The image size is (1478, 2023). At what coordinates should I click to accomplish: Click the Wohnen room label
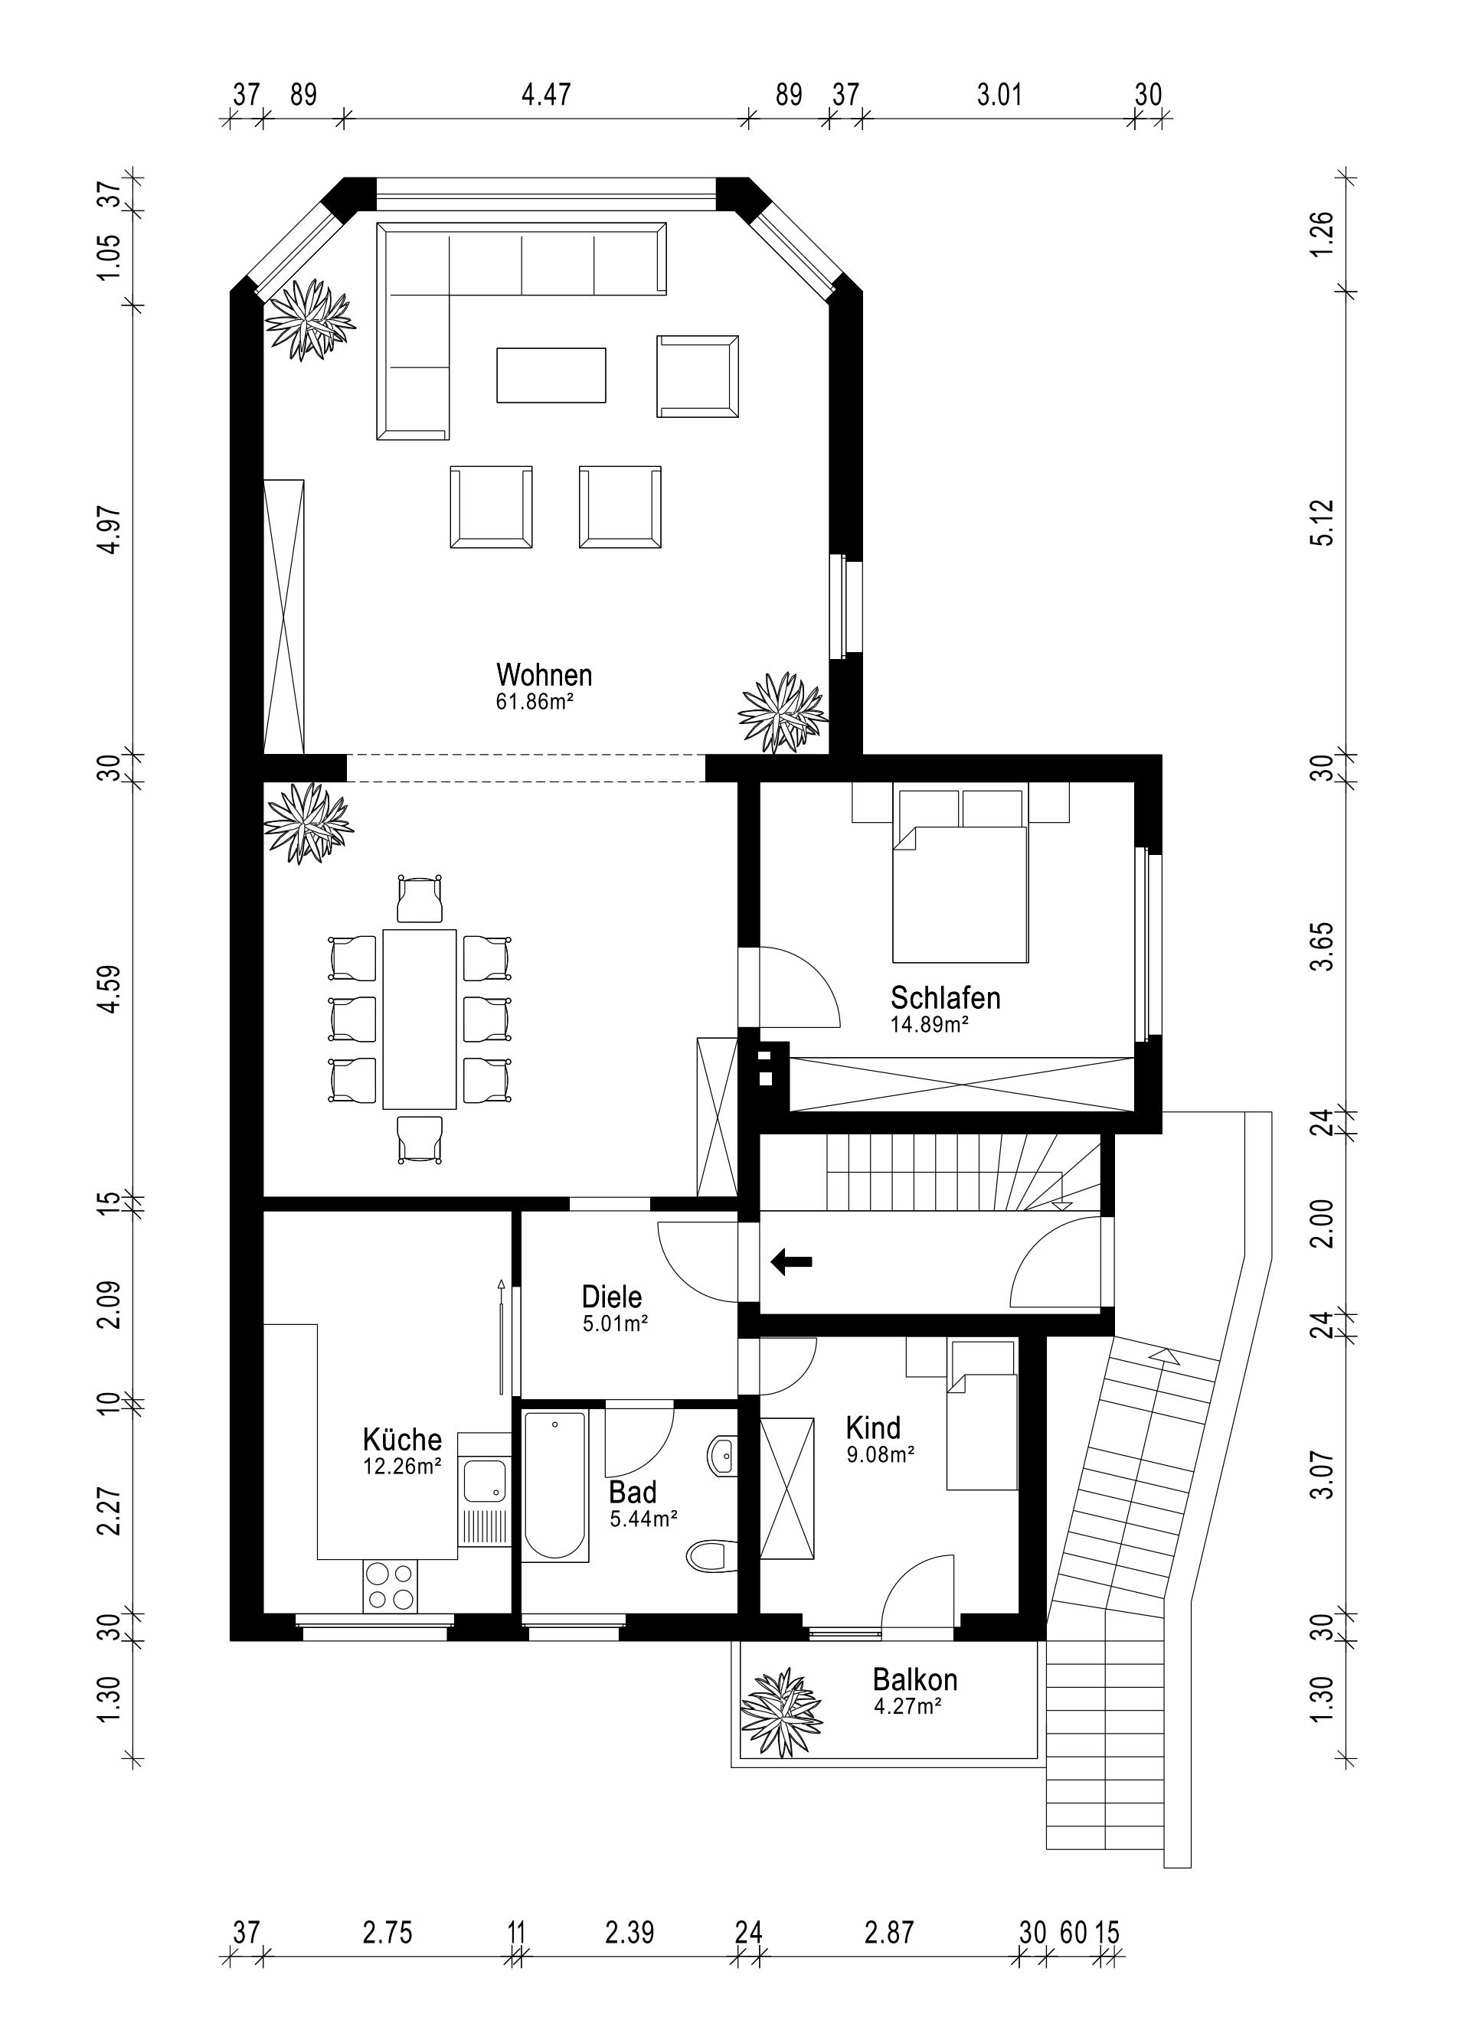pyautogui.click(x=544, y=674)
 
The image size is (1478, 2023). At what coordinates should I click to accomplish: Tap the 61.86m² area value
pyautogui.click(x=534, y=701)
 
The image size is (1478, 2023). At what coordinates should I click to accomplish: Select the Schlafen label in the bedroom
pyautogui.click(x=945, y=997)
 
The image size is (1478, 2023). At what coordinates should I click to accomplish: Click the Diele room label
pyautogui.click(x=612, y=1297)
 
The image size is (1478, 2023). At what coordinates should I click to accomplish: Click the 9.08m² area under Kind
pyautogui.click(x=881, y=1455)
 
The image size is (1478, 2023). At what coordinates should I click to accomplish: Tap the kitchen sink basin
pyautogui.click(x=484, y=1481)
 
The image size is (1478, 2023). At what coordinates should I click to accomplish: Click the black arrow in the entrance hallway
pyautogui.click(x=791, y=1262)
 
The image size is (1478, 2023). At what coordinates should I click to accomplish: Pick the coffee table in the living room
pyautogui.click(x=551, y=376)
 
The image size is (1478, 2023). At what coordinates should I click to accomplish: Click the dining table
pyautogui.click(x=420, y=1019)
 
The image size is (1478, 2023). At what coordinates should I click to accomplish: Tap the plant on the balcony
pyautogui.click(x=780, y=1711)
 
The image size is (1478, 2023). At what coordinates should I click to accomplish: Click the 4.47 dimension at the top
pyautogui.click(x=546, y=94)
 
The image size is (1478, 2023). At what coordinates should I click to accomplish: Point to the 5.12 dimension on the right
pyautogui.click(x=1324, y=522)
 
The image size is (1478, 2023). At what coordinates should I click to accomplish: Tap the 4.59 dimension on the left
pyautogui.click(x=110, y=988)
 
